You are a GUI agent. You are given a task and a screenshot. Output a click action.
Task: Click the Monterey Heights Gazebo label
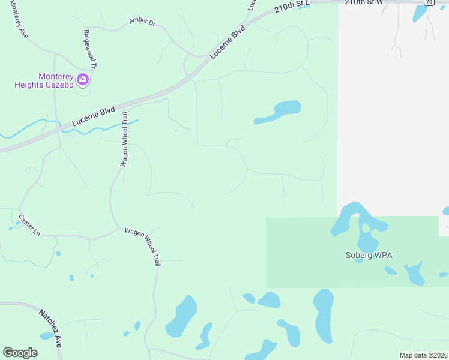click(44, 80)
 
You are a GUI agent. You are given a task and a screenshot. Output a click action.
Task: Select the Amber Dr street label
click(142, 22)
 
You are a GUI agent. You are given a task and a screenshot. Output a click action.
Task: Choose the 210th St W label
click(364, 2)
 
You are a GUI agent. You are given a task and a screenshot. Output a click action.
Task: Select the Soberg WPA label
click(369, 255)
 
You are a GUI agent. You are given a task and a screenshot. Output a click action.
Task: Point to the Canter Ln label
click(29, 225)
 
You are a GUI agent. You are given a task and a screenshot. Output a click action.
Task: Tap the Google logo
click(20, 353)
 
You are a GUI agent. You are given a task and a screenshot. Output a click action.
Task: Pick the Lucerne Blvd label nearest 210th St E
click(228, 41)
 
